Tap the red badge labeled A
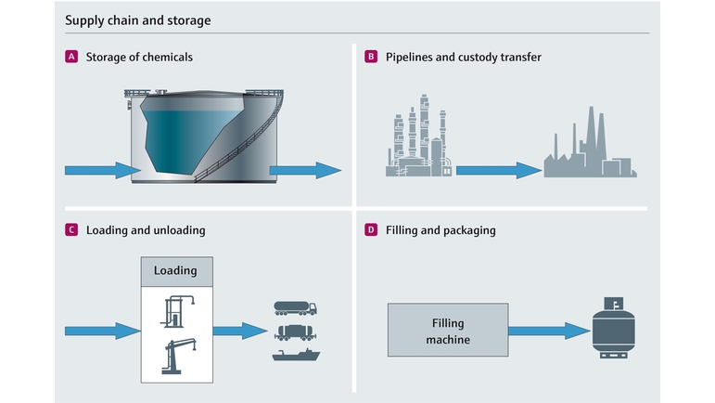pyautogui.click(x=71, y=58)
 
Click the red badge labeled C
pyautogui.click(x=71, y=229)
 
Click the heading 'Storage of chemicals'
pyautogui.click(x=139, y=58)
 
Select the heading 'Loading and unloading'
pyautogui.click(x=146, y=229)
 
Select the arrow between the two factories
pyautogui.click(x=498, y=170)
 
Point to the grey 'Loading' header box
pyautogui.click(x=176, y=271)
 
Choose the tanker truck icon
pyautogui.click(x=295, y=308)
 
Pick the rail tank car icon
pyautogui.click(x=295, y=331)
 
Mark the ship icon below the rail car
pyautogui.click(x=295, y=355)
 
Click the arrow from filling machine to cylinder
pyautogui.click(x=547, y=331)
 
